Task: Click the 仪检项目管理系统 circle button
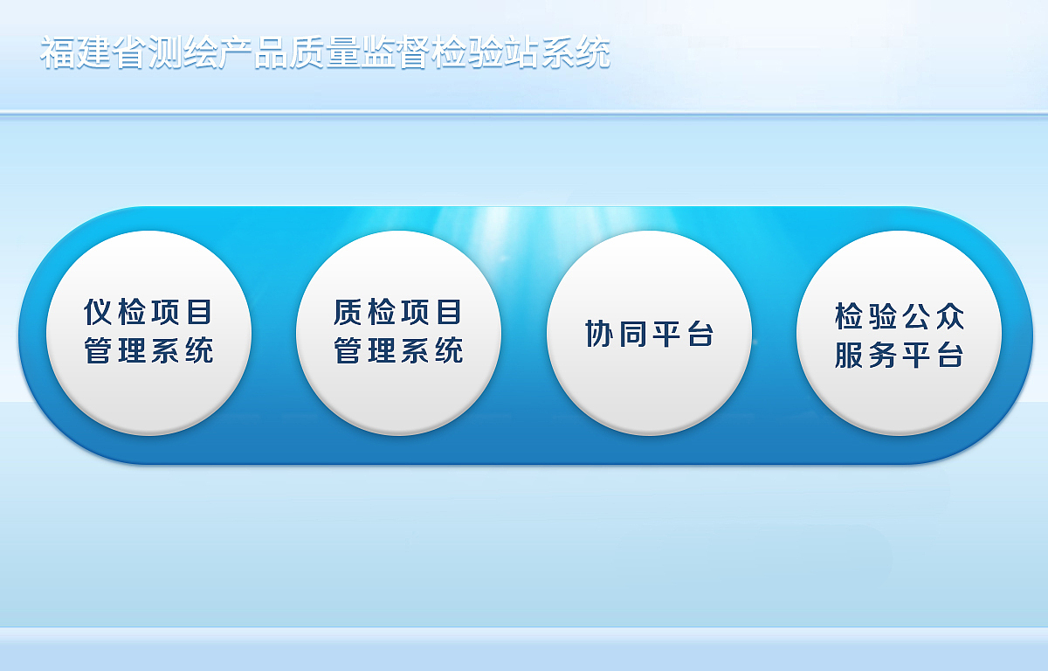(149, 333)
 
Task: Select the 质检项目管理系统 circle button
(399, 333)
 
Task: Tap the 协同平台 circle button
(649, 333)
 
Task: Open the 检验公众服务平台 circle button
(899, 333)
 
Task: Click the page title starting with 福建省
(325, 52)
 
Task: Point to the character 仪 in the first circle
(100, 312)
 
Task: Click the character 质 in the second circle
(349, 312)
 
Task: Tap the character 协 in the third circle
(600, 334)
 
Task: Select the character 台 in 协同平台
(700, 334)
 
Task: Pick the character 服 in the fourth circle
(850, 355)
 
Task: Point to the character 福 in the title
(58, 52)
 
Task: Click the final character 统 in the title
(592, 52)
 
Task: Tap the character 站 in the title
(521, 52)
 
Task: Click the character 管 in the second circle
(349, 351)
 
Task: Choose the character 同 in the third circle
(633, 334)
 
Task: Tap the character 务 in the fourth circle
(883, 355)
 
